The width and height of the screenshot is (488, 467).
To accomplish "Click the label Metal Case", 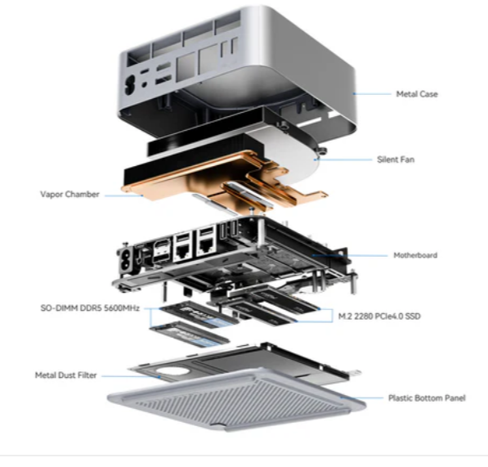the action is point(417,94).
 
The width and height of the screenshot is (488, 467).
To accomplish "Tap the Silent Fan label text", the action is point(396,159).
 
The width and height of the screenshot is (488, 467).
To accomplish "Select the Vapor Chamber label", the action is point(69,195).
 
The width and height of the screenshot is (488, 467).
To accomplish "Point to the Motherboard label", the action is point(415,255).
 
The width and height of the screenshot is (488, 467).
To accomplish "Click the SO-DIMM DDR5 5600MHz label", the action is point(90,308).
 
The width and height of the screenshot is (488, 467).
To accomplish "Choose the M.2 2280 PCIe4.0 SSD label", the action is point(379,317).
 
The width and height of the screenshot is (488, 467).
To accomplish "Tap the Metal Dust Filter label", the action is point(65,375).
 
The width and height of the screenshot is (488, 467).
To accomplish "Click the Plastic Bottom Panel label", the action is point(427,397).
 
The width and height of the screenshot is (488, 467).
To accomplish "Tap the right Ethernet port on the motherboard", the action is point(206,245).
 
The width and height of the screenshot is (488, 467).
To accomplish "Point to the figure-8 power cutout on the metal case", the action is point(129,84).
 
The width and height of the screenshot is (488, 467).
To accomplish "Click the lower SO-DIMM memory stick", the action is point(190,335).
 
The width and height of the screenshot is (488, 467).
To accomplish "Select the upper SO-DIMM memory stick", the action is point(199,313).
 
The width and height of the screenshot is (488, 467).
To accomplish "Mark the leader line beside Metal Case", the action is point(372,93).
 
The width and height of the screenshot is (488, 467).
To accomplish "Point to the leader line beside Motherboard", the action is point(350,255).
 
